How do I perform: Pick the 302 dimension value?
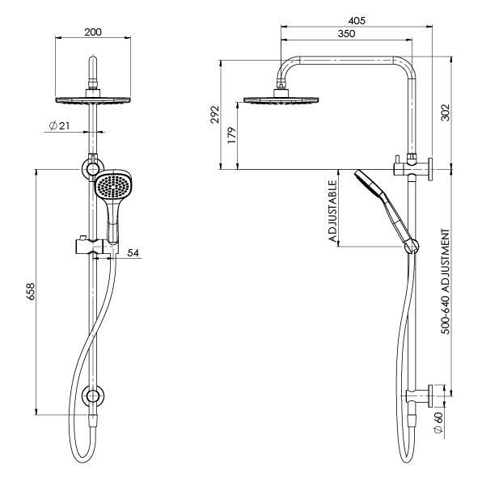tap(445, 113)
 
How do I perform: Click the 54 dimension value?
tap(133, 253)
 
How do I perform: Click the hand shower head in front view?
tap(112, 189)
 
